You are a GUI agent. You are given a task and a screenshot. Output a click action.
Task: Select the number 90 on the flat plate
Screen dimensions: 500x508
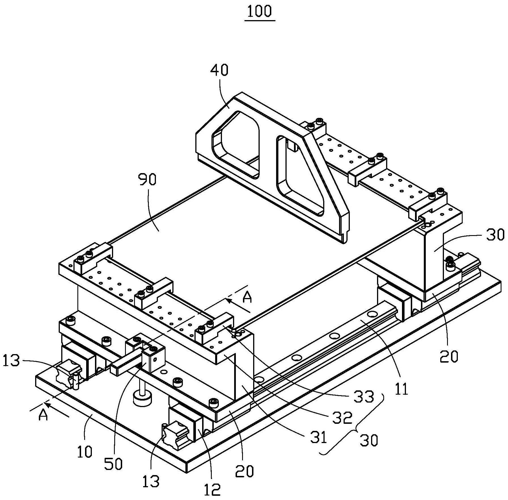click(147, 180)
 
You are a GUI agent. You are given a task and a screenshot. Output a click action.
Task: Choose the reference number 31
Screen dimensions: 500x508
click(318, 438)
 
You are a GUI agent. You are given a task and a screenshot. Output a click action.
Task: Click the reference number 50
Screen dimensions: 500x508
click(113, 464)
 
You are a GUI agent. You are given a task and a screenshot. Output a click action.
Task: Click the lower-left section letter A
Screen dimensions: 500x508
click(43, 415)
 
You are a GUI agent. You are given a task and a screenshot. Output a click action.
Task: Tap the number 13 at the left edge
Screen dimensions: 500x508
click(12, 361)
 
